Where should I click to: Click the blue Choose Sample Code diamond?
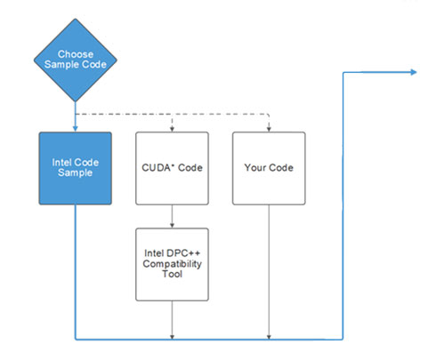76,60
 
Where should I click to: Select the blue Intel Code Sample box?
76,168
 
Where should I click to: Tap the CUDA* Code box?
172,168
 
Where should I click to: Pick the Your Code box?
269,168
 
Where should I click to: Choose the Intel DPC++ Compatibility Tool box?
172,264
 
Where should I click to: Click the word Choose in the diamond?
76,54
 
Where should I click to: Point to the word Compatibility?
172,264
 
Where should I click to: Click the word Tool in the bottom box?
172,274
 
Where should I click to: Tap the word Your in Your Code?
255,168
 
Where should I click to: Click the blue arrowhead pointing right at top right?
414,72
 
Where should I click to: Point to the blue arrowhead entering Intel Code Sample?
76,128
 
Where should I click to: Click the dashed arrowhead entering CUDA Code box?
172,129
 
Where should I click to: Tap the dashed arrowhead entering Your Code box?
269,129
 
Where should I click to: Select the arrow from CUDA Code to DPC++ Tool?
172,216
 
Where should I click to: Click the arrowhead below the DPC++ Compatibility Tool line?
172,337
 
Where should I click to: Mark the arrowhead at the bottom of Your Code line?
269,337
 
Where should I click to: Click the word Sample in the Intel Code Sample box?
75,172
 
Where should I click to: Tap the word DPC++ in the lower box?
183,253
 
